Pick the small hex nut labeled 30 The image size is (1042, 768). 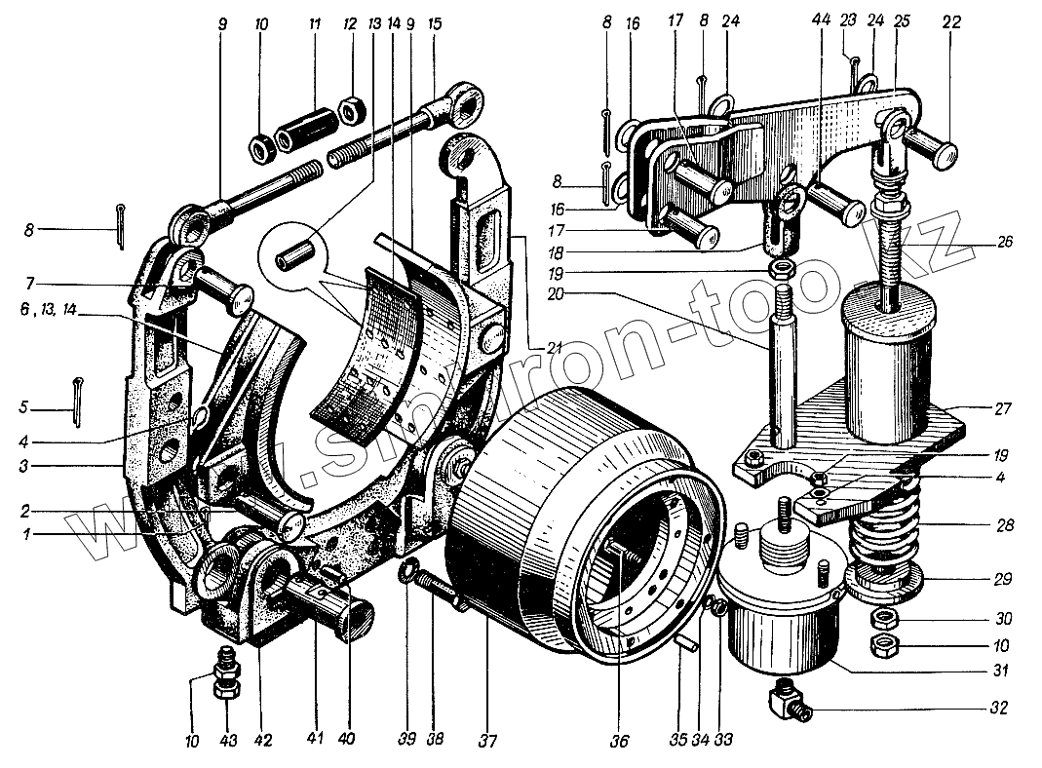pyautogui.click(x=882, y=617)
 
